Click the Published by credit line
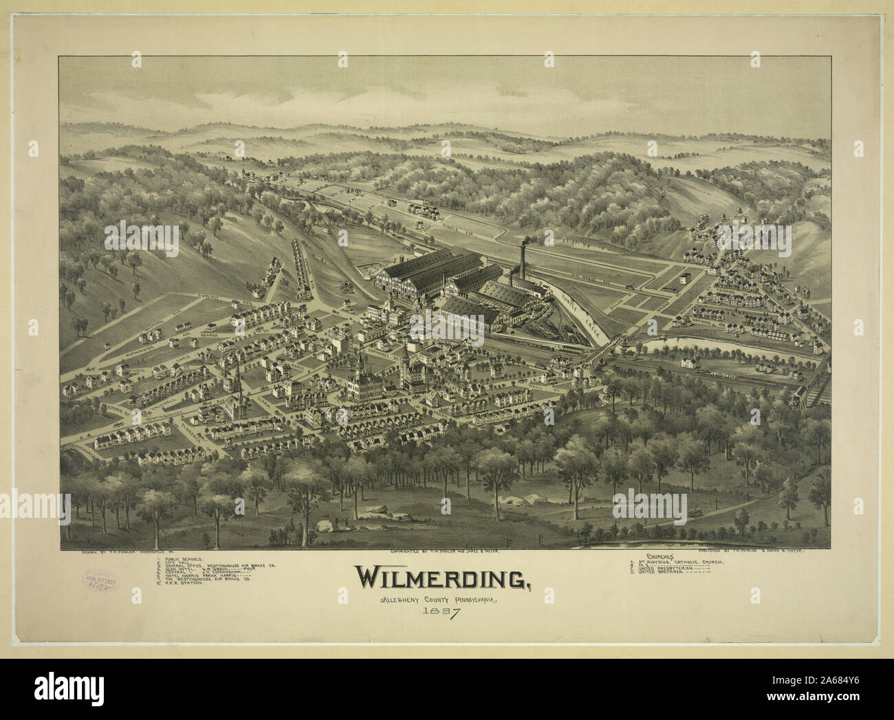[x=750, y=551]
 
